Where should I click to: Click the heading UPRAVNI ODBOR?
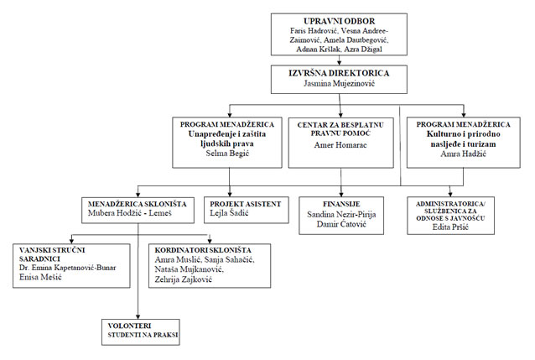(x=339, y=21)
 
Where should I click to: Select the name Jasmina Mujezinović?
(x=339, y=83)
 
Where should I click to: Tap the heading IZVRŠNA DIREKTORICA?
(x=339, y=73)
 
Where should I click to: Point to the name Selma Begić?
(x=227, y=153)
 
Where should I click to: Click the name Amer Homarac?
(x=340, y=145)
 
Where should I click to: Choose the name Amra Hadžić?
(x=463, y=154)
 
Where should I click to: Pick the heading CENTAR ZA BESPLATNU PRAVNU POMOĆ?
(x=340, y=129)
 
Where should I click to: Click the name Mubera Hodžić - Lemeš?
(x=130, y=213)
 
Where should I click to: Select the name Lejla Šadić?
(x=229, y=213)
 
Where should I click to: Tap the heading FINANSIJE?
(x=341, y=204)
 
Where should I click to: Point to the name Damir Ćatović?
(x=341, y=224)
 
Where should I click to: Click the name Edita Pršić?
(x=450, y=227)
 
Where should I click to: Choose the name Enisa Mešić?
(x=40, y=277)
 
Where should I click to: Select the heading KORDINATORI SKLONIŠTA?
(x=203, y=250)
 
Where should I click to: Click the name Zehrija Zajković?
(x=183, y=279)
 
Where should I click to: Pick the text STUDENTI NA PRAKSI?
(x=143, y=335)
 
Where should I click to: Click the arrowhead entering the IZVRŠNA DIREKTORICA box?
(x=339, y=63)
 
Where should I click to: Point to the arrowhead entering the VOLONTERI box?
(x=138, y=316)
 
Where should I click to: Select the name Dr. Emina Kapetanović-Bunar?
(x=68, y=268)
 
